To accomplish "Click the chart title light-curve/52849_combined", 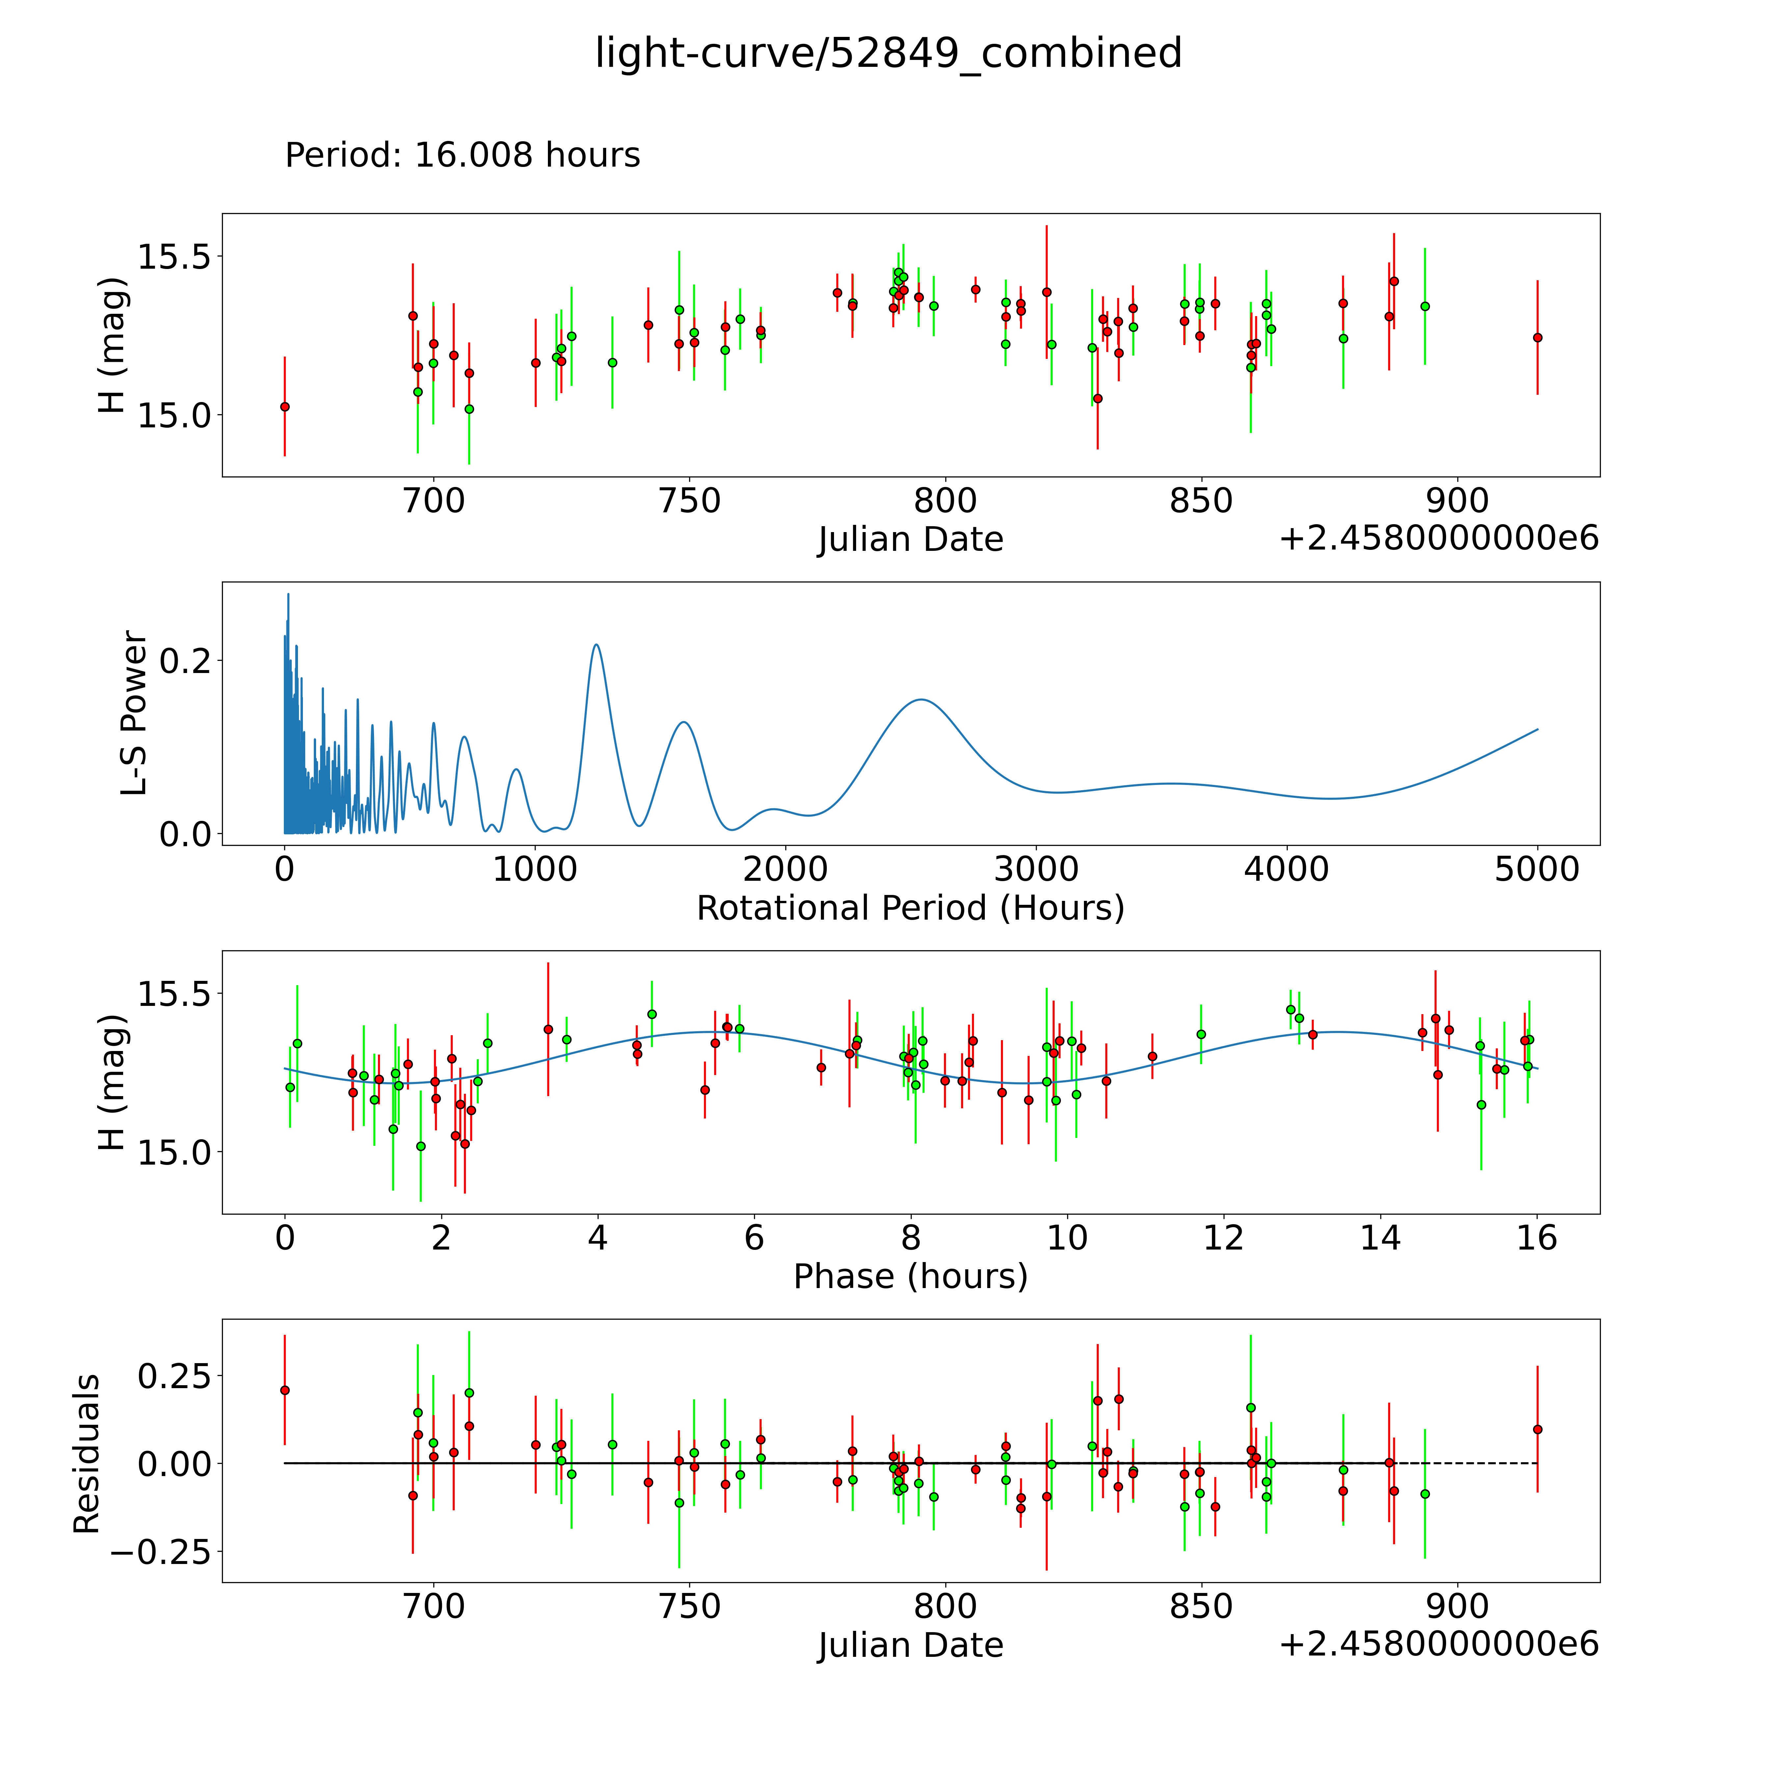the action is (x=888, y=53).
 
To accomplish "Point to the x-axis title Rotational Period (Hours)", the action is (x=910, y=908).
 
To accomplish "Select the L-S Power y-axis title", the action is (x=134, y=713).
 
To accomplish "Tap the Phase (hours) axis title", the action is (x=910, y=1277).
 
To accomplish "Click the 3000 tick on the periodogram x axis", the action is (x=1036, y=869).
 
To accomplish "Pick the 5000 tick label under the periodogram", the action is (x=1537, y=869).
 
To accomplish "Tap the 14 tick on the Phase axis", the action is (x=1381, y=1238).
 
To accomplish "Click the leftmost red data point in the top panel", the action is (x=284, y=406).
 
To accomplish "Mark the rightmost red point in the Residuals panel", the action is (x=1537, y=1429).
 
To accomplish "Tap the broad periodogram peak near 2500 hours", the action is (x=920, y=699).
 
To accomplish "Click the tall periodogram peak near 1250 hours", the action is (x=596, y=644).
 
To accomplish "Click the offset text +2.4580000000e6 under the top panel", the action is (x=1439, y=538).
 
